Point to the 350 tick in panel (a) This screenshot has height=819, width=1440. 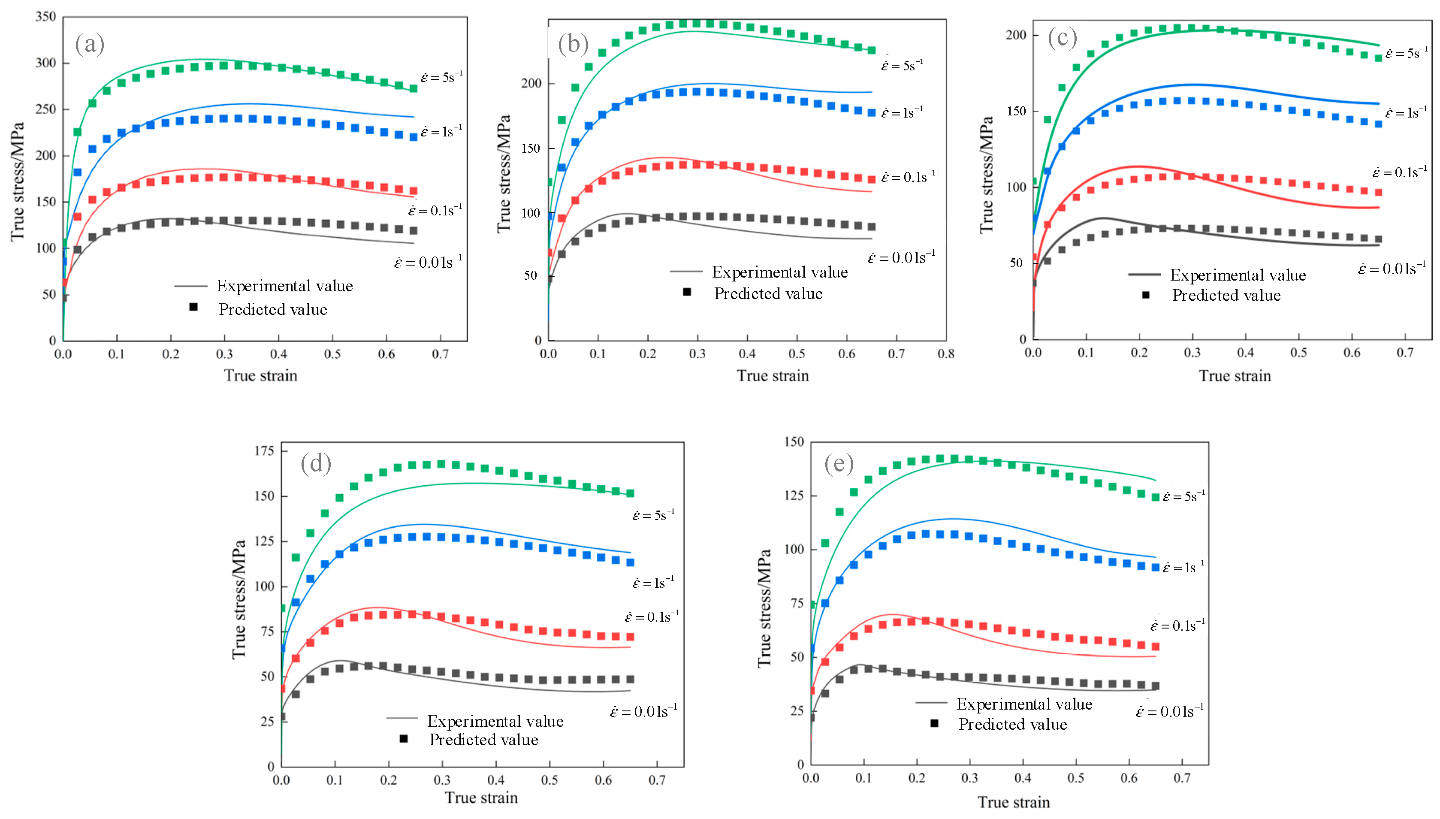(x=45, y=17)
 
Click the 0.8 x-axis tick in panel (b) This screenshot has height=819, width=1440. (x=946, y=354)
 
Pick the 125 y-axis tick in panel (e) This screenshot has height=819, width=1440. (x=794, y=496)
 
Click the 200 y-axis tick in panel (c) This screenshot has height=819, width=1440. (x=1015, y=35)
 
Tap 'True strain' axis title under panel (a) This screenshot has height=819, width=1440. (x=260, y=375)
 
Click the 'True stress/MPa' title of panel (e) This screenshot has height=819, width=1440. (x=764, y=607)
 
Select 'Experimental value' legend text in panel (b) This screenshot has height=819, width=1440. (x=779, y=272)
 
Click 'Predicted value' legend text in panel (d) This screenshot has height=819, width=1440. (x=483, y=740)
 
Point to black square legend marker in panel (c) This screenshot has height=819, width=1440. (x=1145, y=295)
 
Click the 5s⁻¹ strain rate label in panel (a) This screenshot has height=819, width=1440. (x=441, y=77)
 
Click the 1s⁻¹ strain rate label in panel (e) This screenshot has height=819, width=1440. (x=1183, y=568)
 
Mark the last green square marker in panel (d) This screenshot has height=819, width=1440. (x=630, y=493)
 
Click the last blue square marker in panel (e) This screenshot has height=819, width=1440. (x=1156, y=568)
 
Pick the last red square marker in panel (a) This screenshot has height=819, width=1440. (x=413, y=191)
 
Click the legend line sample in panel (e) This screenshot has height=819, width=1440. (x=931, y=703)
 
